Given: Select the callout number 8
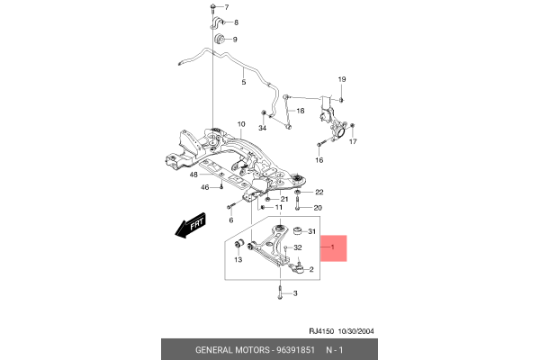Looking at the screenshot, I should (x=235, y=22).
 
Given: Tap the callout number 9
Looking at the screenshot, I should (x=235, y=40).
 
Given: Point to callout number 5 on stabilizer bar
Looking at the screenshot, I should (x=243, y=82).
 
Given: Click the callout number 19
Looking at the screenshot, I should (x=341, y=80).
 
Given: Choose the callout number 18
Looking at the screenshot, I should (x=301, y=111).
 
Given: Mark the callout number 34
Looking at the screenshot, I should (x=263, y=128).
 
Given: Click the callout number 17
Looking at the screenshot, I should (x=353, y=142).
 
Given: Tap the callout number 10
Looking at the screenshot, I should (x=241, y=124).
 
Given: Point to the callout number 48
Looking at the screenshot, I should (x=193, y=175).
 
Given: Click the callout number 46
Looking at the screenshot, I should (x=204, y=187).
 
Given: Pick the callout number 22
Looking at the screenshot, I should (x=319, y=192).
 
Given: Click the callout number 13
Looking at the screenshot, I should (x=238, y=260).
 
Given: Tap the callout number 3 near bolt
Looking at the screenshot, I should (x=294, y=293).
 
